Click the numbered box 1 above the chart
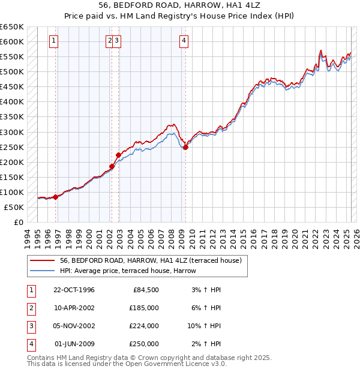(x=54, y=41)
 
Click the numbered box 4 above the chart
(x=183, y=41)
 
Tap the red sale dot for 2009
(x=185, y=147)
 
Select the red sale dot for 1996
(x=55, y=197)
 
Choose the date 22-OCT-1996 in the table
(x=74, y=290)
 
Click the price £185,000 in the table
(x=144, y=308)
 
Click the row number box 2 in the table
(x=30, y=308)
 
